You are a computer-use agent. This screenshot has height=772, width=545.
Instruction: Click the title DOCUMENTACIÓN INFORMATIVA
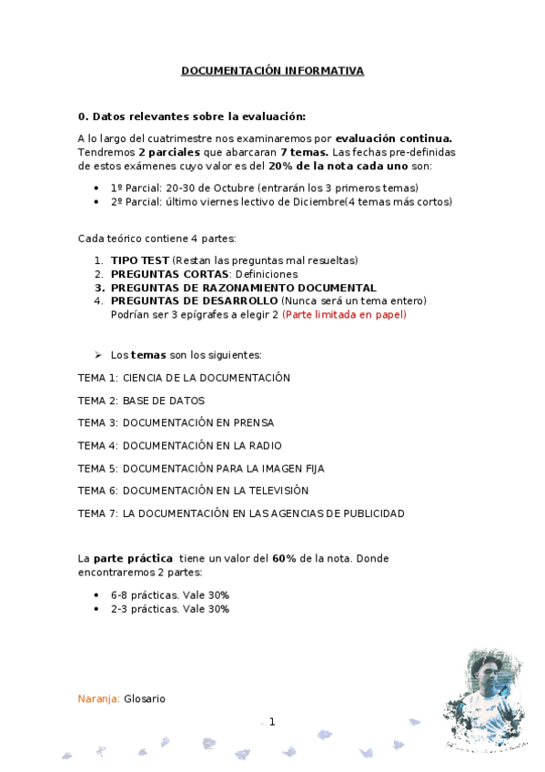point(272,70)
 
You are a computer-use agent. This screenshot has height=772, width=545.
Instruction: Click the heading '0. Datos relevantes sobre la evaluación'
point(192,117)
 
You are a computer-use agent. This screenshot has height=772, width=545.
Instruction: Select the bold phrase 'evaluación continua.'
point(400,138)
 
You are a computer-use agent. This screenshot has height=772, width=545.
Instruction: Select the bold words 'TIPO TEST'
point(139,260)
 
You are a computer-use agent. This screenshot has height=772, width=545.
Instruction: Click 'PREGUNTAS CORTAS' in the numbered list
point(168,274)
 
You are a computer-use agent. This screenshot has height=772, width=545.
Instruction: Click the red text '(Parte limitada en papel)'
point(344,315)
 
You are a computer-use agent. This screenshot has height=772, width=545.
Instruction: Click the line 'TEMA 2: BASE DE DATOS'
point(141,400)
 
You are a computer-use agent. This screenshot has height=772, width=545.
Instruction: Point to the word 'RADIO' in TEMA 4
point(263,445)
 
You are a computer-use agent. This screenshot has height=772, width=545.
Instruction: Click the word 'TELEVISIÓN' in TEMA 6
point(276,491)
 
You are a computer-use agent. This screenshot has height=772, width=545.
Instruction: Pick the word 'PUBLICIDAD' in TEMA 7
point(369,513)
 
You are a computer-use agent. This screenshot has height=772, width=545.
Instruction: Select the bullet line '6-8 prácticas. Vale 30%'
point(170,594)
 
